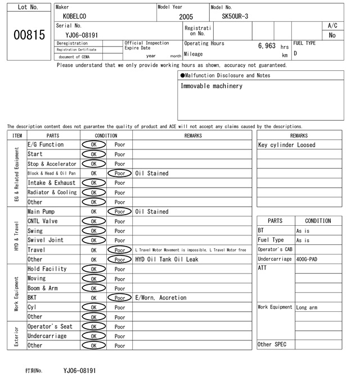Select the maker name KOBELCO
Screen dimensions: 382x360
(x=75, y=17)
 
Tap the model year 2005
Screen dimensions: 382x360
(x=186, y=17)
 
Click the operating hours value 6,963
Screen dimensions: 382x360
(x=267, y=46)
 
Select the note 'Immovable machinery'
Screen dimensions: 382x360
(x=211, y=87)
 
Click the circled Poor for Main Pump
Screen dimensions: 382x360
(x=120, y=212)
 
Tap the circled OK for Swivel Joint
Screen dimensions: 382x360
(x=93, y=240)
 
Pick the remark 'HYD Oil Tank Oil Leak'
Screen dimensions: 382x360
(x=166, y=260)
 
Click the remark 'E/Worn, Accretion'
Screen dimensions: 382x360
(x=160, y=298)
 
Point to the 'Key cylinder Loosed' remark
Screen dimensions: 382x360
(x=287, y=145)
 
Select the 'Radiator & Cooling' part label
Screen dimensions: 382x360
(x=52, y=192)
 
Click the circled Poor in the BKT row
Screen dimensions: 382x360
(x=120, y=298)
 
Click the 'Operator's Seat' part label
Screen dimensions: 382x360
(x=50, y=326)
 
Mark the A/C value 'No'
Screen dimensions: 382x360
(x=332, y=35)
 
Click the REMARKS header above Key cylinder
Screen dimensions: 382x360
(x=299, y=135)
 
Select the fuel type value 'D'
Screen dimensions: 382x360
(x=295, y=54)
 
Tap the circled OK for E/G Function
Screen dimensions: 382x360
(x=93, y=145)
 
